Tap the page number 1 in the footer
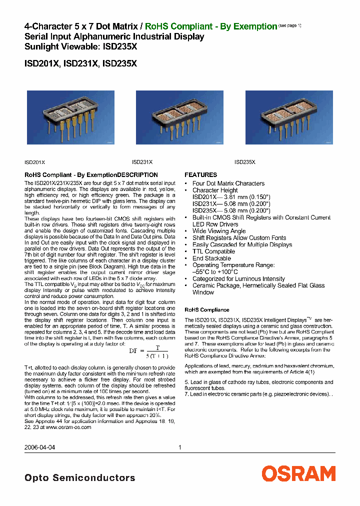pyautogui.click(x=179, y=448)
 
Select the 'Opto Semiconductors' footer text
pyautogui.click(x=79, y=478)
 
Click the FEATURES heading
pyautogui.click(x=201, y=175)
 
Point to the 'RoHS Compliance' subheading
pyautogui.click(x=207, y=310)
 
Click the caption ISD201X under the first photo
pyautogui.click(x=35, y=162)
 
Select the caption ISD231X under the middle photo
pyautogui.click(x=142, y=162)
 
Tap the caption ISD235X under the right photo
pyautogui.click(x=245, y=162)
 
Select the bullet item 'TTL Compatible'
pyautogui.click(x=213, y=251)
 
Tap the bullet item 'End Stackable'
pyautogui.click(x=211, y=258)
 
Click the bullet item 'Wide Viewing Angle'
pyautogui.click(x=219, y=231)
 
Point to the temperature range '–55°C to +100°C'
pyautogui.click(x=216, y=272)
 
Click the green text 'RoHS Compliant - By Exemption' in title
pyautogui.click(x=210, y=26)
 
